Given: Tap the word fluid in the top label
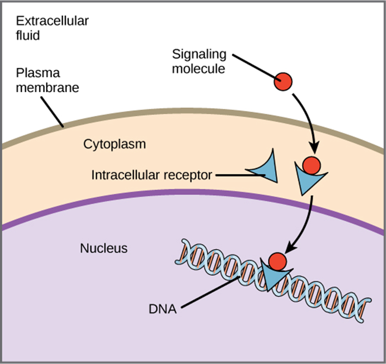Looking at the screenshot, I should click(x=28, y=36).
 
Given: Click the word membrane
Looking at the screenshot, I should click(x=47, y=87).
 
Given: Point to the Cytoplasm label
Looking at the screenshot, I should click(x=114, y=144).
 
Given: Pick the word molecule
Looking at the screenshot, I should click(x=198, y=68).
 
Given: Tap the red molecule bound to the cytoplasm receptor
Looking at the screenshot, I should click(x=311, y=165).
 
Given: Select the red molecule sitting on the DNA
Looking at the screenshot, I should click(x=277, y=261).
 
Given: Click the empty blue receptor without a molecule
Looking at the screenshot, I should click(x=267, y=169).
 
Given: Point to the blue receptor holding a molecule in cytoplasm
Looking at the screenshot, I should click(x=306, y=180).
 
